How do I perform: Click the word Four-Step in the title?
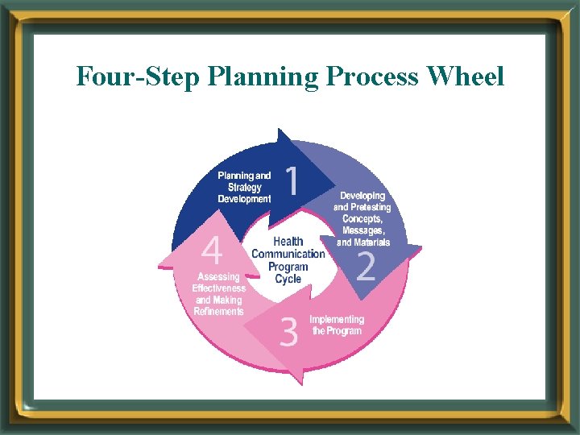[x=137, y=77]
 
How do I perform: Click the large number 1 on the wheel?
[x=292, y=180]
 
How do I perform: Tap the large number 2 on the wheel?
[x=366, y=266]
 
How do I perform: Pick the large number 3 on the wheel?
[x=288, y=331]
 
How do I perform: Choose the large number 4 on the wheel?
[x=211, y=251]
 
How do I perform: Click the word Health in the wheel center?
[x=288, y=241]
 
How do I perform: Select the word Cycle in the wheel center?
[x=288, y=279]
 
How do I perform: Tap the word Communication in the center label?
[x=288, y=254]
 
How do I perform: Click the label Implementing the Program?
[x=337, y=325]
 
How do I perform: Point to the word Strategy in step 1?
[x=245, y=187]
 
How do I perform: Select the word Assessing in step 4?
[x=219, y=277]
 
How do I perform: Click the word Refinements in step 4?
[x=218, y=311]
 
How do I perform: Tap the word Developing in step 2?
[x=362, y=196]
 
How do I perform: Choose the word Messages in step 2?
[x=363, y=230]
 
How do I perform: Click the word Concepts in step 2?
[x=362, y=219]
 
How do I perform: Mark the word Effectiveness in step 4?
[x=219, y=288]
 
